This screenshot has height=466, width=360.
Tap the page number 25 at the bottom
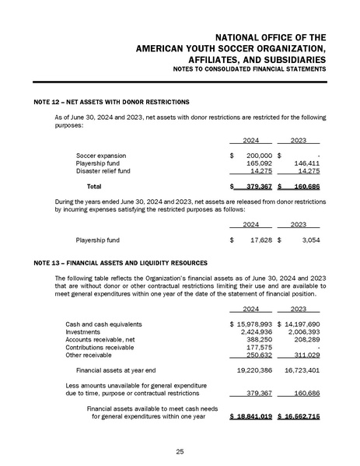[180, 450]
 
